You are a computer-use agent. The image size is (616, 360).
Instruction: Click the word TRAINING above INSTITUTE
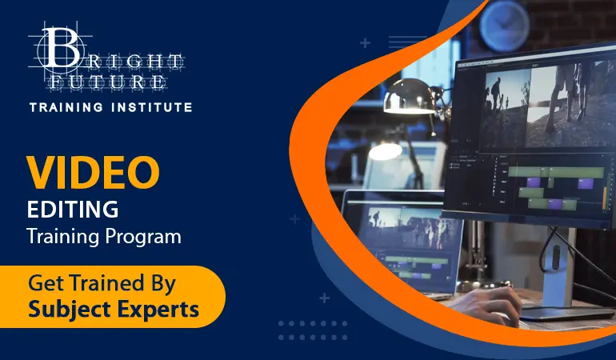[66, 107]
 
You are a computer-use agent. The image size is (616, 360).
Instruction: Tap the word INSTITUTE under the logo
[152, 107]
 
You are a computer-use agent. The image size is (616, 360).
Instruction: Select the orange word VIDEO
[93, 173]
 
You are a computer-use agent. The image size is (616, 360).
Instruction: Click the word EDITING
[73, 210]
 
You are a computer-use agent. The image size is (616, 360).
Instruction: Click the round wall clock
[505, 26]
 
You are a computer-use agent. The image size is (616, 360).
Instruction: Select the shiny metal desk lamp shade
[410, 96]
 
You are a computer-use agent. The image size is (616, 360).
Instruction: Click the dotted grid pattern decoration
[313, 330]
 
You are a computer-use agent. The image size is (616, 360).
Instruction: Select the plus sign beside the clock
[365, 42]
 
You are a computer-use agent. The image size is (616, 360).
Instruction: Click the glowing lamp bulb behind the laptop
[385, 151]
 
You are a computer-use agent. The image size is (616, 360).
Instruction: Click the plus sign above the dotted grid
[324, 298]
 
